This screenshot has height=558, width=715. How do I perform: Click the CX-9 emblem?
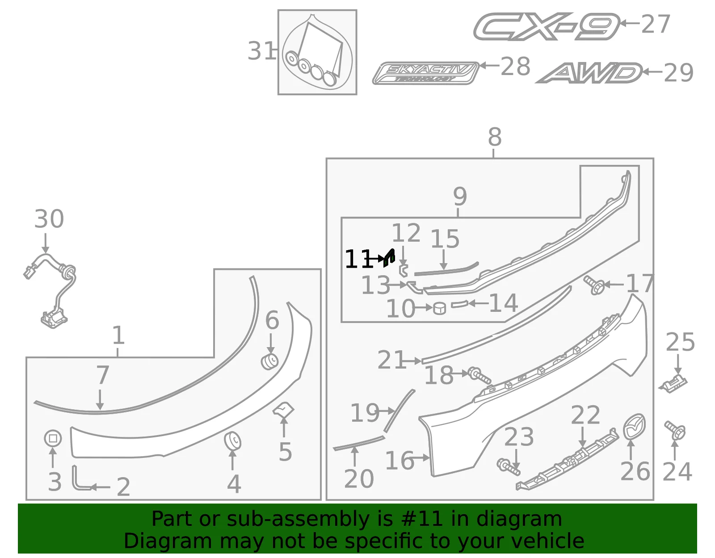pos(546,27)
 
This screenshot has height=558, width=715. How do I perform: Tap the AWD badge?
pos(589,73)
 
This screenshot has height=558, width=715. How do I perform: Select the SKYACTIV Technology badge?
pos(426,73)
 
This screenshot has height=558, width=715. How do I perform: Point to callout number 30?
pos(49,218)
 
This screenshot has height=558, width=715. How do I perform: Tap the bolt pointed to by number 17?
pos(594,285)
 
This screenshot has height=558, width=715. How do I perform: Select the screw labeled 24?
pos(675,430)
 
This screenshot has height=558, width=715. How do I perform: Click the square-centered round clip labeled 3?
pos(53,438)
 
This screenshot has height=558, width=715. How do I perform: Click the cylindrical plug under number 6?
pos(269,362)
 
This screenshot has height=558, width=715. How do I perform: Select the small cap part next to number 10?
pos(439,308)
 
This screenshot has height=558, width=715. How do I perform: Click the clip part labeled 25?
pos(673,384)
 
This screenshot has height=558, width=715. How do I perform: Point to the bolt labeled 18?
pos(479,376)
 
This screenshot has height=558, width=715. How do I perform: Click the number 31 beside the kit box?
pos(261,51)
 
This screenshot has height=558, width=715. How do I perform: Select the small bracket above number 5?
pos(284,410)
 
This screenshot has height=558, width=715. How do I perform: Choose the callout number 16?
pos(400,461)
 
